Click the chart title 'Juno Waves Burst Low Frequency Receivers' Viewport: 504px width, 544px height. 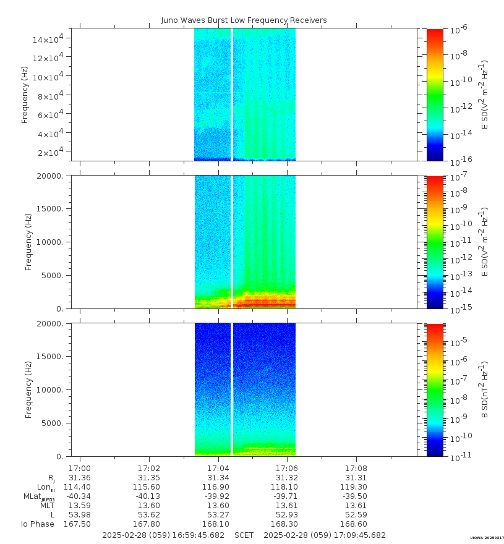(x=244, y=20)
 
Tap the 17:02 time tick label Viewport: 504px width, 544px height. (x=149, y=469)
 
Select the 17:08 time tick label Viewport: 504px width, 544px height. (x=356, y=469)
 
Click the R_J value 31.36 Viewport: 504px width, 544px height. (x=80, y=478)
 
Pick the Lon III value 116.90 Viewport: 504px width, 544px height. (x=218, y=487)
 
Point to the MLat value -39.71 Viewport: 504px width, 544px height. (x=286, y=496)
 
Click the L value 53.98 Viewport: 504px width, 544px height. (x=80, y=515)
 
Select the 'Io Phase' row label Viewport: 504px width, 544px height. (x=37, y=524)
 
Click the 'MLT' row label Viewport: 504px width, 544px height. (x=47, y=506)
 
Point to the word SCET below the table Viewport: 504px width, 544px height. (x=244, y=535)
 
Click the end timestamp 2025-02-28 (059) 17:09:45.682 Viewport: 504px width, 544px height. (x=325, y=535)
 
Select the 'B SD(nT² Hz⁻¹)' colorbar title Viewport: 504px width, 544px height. (x=485, y=389)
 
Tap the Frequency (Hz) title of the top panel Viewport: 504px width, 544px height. (x=25, y=95)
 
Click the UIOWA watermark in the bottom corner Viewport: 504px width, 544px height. (x=486, y=538)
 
